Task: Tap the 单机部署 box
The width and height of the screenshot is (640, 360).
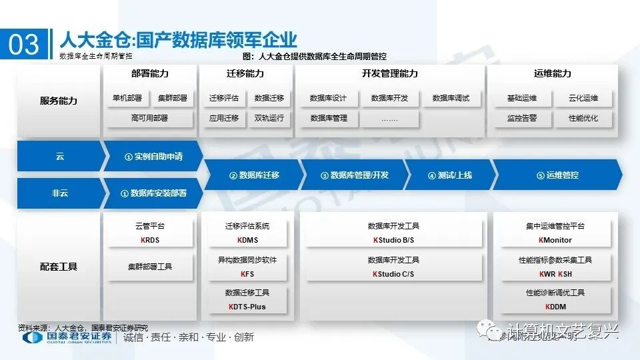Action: point(127,98)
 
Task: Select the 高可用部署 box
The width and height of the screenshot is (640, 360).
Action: point(149,118)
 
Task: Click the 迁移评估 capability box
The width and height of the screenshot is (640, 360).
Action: point(223,98)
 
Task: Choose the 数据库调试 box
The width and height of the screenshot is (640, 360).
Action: point(451,98)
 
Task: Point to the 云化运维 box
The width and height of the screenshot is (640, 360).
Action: point(583,98)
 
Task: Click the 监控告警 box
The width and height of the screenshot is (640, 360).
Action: point(521,118)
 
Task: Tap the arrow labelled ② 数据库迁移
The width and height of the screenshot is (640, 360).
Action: point(254,175)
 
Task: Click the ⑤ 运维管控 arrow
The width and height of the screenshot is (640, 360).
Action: point(557,175)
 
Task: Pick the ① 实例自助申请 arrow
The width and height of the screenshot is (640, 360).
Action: point(153,157)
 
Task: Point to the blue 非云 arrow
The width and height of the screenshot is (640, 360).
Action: point(60,193)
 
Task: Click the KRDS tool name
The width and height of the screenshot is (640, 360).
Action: point(150,240)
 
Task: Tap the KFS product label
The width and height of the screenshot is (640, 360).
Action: point(247,274)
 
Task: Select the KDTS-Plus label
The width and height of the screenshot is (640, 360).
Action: point(247,307)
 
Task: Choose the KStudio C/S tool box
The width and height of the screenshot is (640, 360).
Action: point(393,267)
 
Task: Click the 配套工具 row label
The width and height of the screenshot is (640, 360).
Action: point(59,267)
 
